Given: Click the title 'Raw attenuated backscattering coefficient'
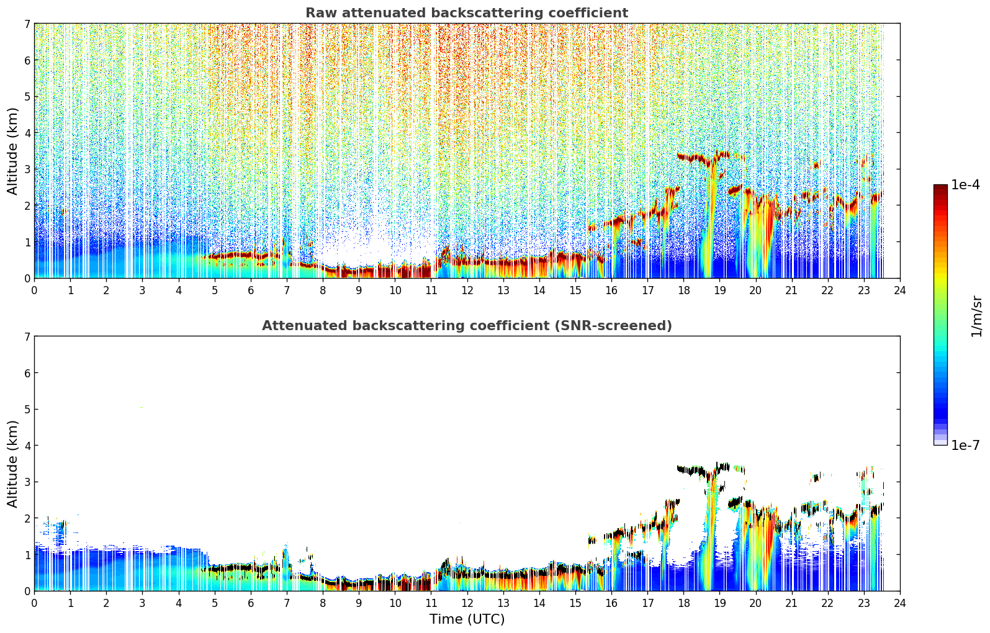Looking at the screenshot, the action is (467, 13).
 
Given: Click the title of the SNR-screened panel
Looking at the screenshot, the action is (467, 325).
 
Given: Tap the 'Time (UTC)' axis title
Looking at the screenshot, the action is (467, 619).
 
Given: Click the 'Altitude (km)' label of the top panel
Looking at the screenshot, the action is (12, 151).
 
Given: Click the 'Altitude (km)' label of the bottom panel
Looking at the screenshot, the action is (12, 464).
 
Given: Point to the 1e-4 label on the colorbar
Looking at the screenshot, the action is (965, 185).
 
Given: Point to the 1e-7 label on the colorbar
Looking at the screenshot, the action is (965, 445).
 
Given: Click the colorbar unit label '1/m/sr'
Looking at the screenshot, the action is (976, 317).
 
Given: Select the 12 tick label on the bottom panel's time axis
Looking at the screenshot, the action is (467, 603).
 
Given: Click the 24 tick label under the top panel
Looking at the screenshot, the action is (900, 290).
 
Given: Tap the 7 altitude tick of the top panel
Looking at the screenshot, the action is (27, 24).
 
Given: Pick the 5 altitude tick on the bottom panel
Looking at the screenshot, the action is (27, 410).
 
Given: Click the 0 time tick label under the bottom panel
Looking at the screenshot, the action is (35, 603).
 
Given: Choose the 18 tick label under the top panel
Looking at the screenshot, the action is (684, 290).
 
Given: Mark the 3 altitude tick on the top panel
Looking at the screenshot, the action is (27, 169).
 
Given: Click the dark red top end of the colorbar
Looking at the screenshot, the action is (940, 186).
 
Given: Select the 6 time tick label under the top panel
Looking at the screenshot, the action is (251, 290).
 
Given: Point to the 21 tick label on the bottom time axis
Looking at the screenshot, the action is (791, 603).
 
